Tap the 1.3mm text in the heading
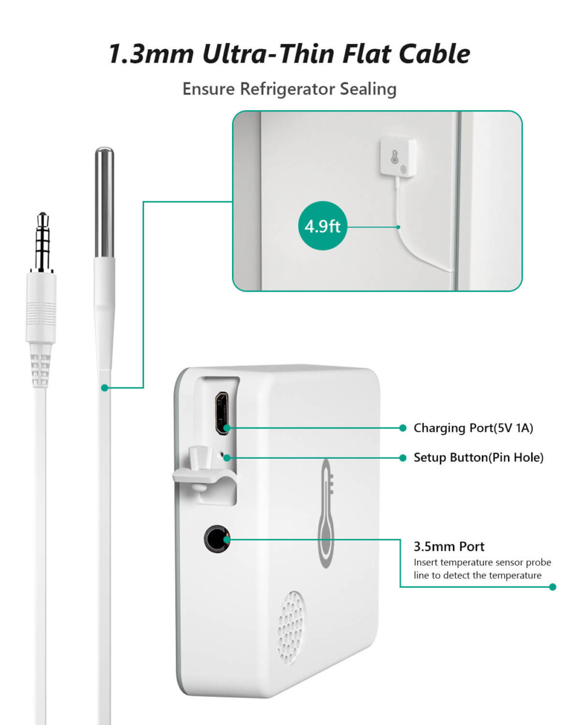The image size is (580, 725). tap(151, 54)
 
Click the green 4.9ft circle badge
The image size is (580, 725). tap(322, 226)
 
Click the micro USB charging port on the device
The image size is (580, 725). tap(221, 414)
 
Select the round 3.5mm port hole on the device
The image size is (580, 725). tap(216, 539)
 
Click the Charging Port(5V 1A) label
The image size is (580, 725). tap(473, 428)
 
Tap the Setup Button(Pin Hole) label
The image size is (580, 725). tap(478, 458)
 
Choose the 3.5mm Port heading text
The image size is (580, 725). tap(448, 546)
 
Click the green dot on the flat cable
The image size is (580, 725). tap(105, 387)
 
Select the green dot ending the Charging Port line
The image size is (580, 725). tap(403, 428)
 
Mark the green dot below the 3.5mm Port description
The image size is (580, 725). tap(552, 587)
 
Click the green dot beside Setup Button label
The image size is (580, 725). tap(403, 458)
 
